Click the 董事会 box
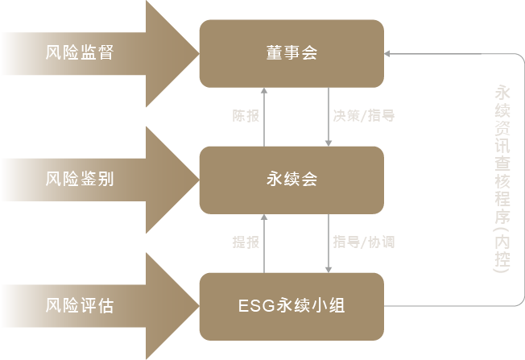(291, 53)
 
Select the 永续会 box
(291, 180)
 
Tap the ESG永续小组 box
(291, 306)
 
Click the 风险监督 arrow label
(80, 53)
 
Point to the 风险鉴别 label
(80, 180)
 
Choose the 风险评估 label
(80, 306)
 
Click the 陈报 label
(245, 116)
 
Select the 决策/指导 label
(363, 116)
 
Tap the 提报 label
(245, 242)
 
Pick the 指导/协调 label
(363, 242)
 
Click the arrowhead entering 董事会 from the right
(387, 54)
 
